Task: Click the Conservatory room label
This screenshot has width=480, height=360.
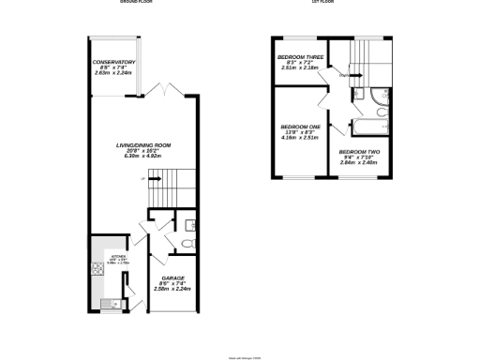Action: tap(112, 63)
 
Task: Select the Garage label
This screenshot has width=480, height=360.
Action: tap(172, 278)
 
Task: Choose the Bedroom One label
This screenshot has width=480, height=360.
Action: tap(300, 127)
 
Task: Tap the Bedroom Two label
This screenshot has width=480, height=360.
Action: tap(359, 152)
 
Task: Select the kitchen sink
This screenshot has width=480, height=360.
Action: tap(111, 302)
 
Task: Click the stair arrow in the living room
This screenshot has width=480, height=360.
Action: tap(155, 177)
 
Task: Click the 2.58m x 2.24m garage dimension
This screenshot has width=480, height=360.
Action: tap(172, 290)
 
